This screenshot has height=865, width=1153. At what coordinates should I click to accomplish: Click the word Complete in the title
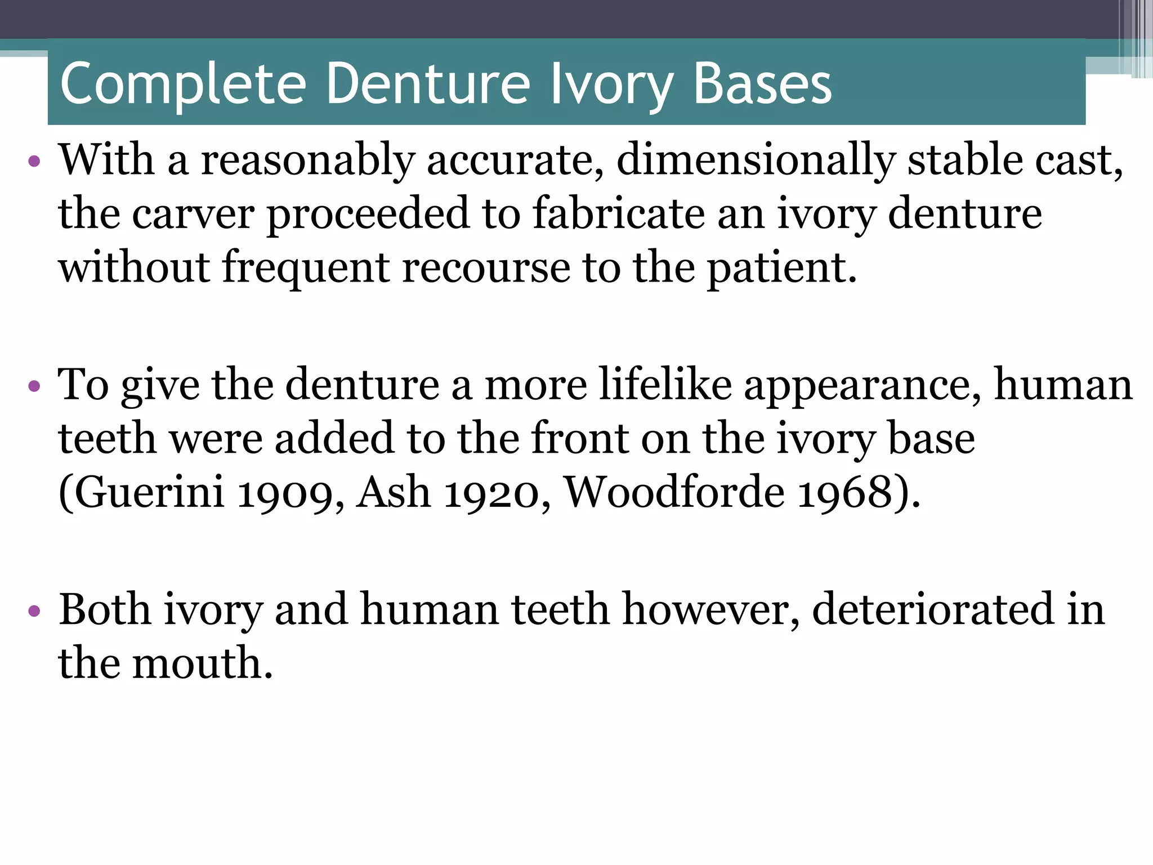point(183,84)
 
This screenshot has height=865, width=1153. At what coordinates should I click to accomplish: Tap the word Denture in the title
point(428,84)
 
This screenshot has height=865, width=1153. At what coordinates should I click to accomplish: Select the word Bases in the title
point(763,84)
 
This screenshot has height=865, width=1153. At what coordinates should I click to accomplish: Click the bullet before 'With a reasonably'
point(34,162)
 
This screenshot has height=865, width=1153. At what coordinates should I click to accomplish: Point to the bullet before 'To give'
point(34,386)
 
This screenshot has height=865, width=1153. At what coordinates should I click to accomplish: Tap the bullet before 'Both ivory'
point(34,610)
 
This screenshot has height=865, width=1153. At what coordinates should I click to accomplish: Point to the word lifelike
point(665,385)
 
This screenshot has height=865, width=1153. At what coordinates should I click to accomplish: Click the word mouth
point(202,663)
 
